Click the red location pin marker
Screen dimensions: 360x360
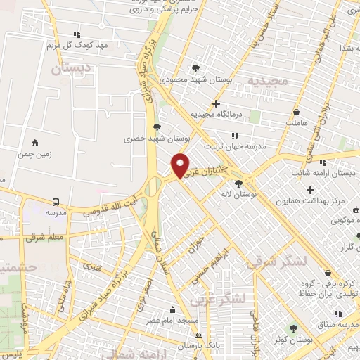pyautogui.click(x=181, y=166)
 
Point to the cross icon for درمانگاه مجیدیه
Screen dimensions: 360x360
pyautogui.click(x=225, y=103)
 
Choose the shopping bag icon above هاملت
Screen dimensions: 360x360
pyautogui.click(x=297, y=112)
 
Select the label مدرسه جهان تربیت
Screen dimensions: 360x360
pyautogui.click(x=235, y=147)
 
